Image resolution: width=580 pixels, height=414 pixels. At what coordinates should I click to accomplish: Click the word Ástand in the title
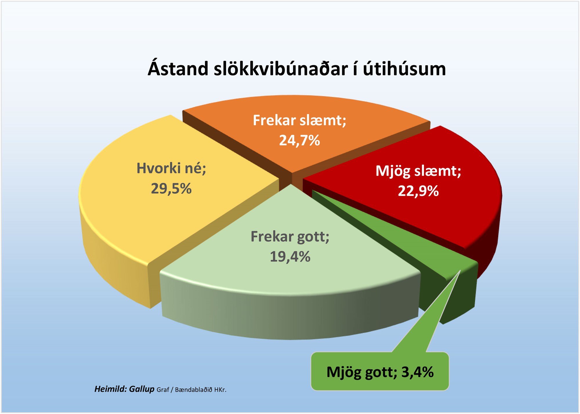pos(178,69)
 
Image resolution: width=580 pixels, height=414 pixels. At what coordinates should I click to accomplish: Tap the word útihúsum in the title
pos(404,69)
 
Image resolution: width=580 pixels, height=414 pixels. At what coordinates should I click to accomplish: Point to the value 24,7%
pos(299,141)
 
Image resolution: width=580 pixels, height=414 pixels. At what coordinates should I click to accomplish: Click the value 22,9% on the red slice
pos(418,191)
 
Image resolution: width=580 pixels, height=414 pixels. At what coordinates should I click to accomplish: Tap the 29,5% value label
pos(171,189)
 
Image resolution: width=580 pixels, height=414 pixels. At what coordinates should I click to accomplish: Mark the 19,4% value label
pos(290,257)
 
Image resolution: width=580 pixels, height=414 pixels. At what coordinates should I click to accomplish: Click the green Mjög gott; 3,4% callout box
pos(380,371)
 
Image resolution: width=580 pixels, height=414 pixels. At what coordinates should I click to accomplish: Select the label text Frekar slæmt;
pos(300,120)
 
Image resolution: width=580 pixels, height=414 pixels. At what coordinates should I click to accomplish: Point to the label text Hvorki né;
pos(171,168)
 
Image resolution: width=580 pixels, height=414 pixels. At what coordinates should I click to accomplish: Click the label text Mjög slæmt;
pos(418,171)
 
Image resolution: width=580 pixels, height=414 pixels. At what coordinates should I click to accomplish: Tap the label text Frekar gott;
pos(290,237)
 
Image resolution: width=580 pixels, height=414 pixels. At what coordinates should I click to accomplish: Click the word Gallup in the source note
pos(142,389)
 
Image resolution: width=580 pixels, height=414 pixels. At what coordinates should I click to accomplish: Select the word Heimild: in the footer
pos(111,389)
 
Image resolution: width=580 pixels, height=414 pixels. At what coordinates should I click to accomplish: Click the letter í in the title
pos(356,68)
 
